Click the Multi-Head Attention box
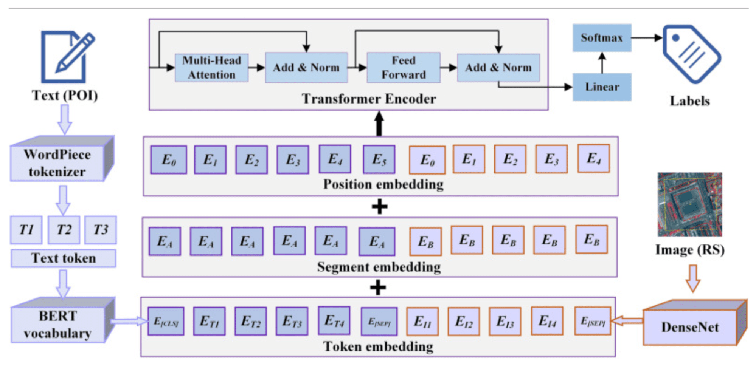click(211, 68)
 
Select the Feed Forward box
click(404, 68)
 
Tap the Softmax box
click(602, 38)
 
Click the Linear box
click(602, 87)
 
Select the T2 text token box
click(64, 230)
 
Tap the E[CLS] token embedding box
click(166, 321)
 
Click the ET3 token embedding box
click(292, 321)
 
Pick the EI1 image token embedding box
click(422, 322)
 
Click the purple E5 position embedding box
click(379, 159)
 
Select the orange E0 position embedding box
click(427, 160)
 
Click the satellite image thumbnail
click(690, 204)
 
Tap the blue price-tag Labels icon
click(692, 54)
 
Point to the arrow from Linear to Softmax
click(602, 62)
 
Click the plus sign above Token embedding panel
click(378, 288)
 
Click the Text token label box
click(64, 258)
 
